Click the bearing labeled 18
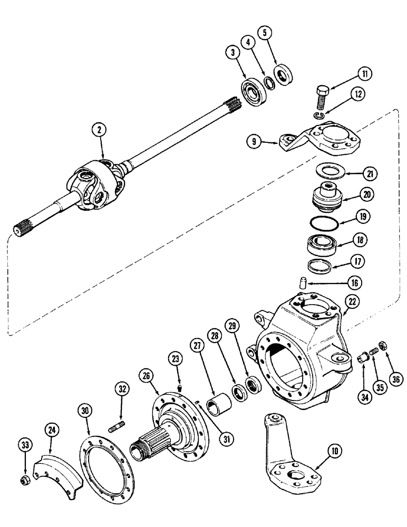[323, 244]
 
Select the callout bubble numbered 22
[352, 302]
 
